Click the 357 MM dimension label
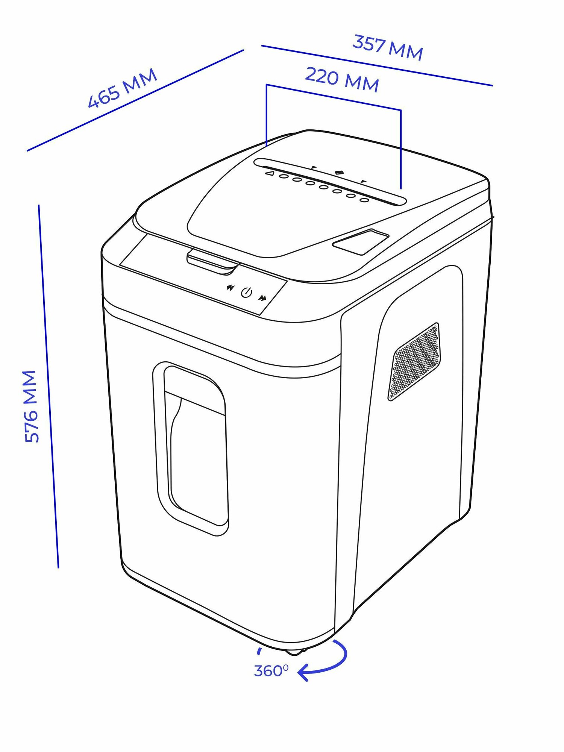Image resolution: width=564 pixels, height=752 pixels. (x=387, y=48)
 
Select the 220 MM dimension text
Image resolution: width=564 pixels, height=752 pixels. (x=341, y=79)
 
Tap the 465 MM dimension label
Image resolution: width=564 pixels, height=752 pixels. (x=122, y=89)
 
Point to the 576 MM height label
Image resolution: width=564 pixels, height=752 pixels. (x=31, y=406)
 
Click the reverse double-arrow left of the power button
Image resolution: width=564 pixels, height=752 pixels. (x=230, y=288)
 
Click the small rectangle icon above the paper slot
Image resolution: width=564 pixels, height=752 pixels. (x=339, y=172)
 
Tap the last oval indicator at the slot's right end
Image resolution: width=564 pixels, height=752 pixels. (x=364, y=200)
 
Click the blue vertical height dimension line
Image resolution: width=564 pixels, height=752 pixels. (x=49, y=387)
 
